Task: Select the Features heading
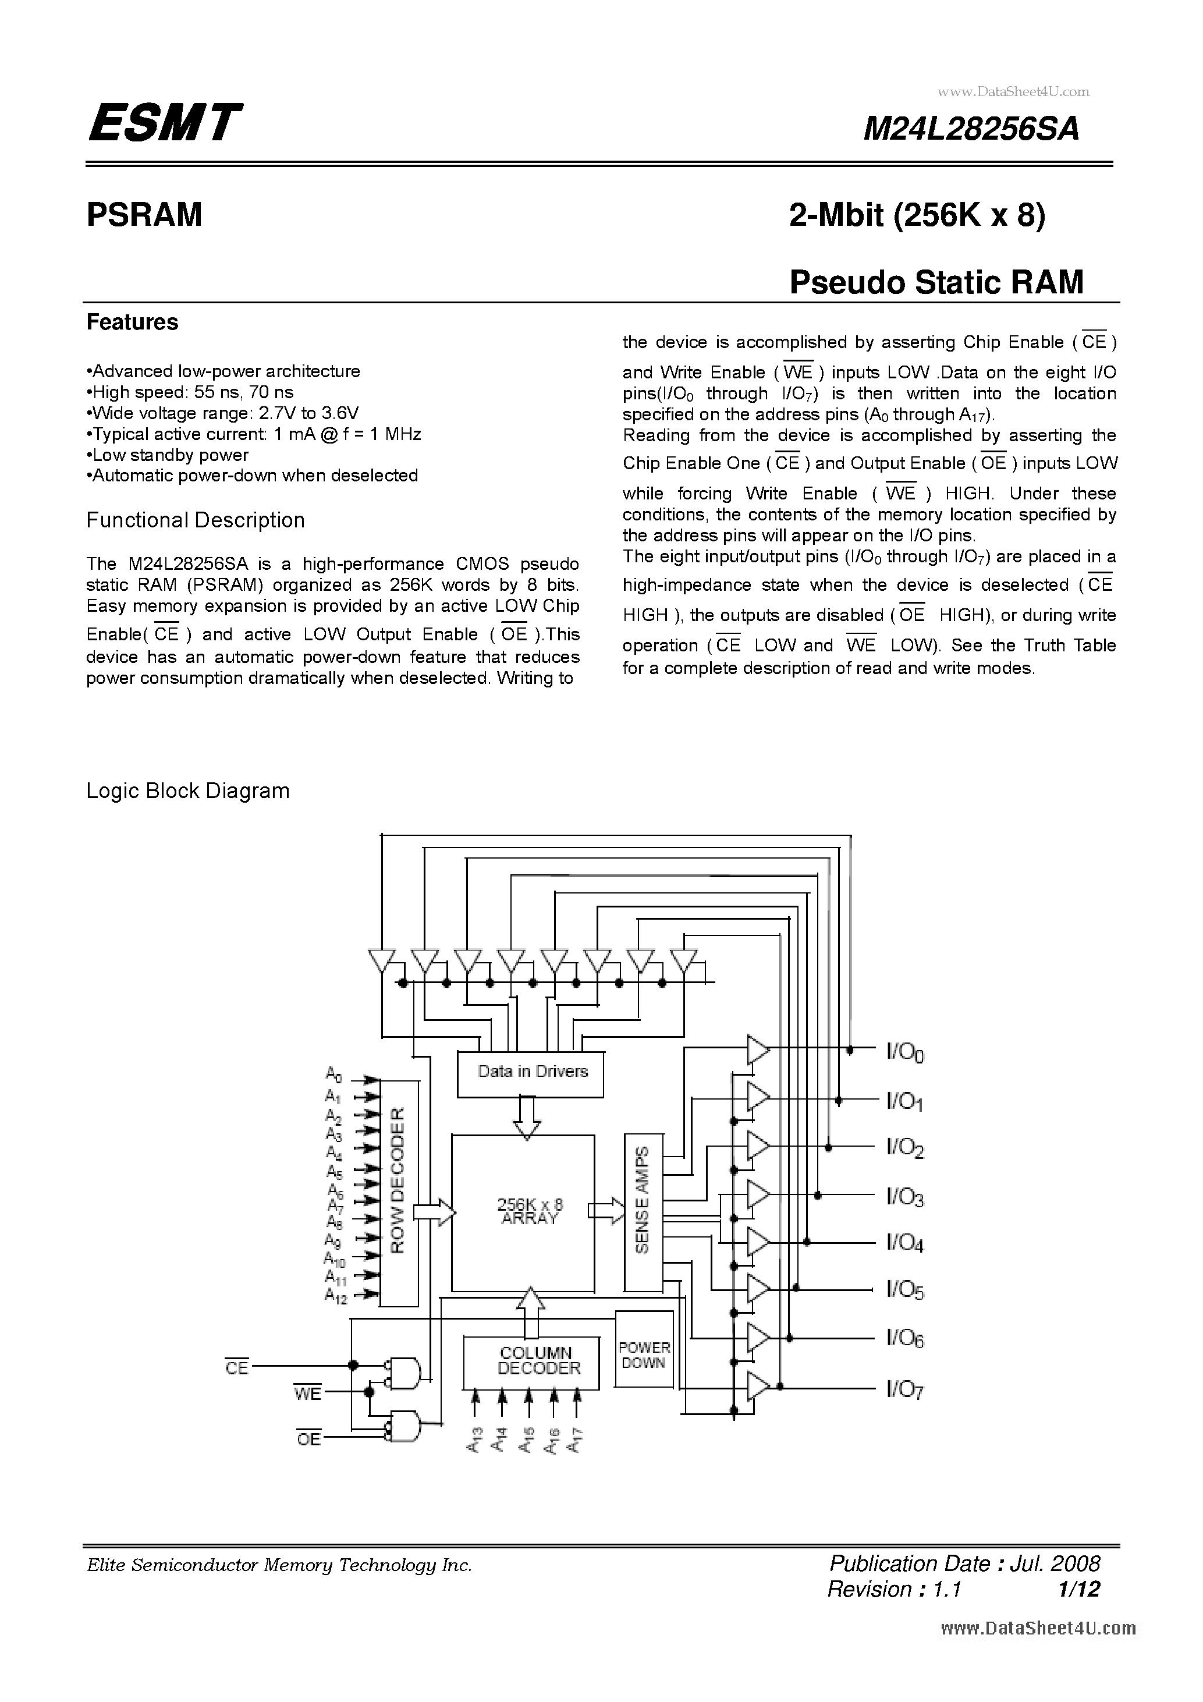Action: (x=132, y=322)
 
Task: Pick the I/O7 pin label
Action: (x=905, y=1389)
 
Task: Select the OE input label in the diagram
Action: (x=309, y=1439)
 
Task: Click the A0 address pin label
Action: (x=333, y=1074)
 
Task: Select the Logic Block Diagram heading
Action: (x=187, y=791)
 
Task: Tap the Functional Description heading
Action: (x=196, y=520)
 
